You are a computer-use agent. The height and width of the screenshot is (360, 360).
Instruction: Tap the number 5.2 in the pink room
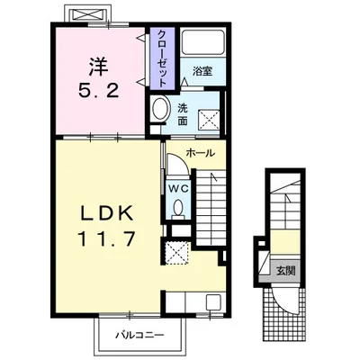click(x=99, y=90)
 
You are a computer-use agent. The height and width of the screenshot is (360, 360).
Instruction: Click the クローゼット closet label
click(x=161, y=58)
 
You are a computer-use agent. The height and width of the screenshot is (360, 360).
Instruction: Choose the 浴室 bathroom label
click(x=202, y=71)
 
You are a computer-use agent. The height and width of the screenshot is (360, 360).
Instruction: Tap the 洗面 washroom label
click(x=182, y=114)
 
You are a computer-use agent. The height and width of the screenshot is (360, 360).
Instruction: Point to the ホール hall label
click(x=201, y=153)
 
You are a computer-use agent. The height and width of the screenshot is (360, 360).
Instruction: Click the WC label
click(x=178, y=189)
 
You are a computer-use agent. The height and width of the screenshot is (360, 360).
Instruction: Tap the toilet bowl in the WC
click(x=178, y=208)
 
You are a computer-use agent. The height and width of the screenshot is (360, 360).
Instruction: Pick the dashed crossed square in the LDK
click(x=177, y=253)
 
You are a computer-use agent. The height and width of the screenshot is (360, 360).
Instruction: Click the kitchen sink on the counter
click(x=213, y=302)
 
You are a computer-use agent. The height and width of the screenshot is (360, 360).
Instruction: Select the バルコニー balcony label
click(x=140, y=335)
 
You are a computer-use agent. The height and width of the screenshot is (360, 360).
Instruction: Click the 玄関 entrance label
click(x=285, y=271)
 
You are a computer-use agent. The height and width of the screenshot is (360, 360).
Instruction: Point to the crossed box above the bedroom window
click(x=87, y=14)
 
